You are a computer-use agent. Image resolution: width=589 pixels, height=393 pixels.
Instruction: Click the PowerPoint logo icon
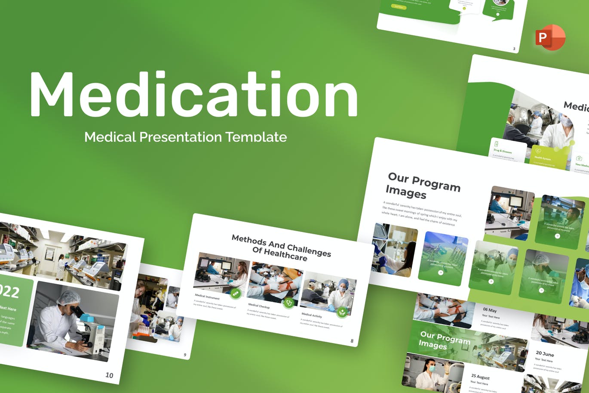coord(550,37)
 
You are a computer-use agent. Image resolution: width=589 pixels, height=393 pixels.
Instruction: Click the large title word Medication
coord(193,95)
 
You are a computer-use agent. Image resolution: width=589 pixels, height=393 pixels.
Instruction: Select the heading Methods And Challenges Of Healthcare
coord(281,248)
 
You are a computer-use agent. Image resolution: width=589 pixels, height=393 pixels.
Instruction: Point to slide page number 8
coord(352,341)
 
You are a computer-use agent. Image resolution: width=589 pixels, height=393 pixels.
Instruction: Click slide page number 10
coord(109,375)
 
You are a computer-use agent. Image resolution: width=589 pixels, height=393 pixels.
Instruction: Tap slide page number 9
coord(185,355)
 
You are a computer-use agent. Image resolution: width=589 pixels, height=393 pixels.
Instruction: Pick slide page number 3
coord(514,49)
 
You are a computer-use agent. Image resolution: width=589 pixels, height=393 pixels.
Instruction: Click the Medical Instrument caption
coord(207,297)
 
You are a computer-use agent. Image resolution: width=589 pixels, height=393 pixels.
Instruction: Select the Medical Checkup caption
coord(259,306)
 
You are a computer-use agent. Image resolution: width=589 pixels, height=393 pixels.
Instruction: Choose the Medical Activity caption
coord(312,316)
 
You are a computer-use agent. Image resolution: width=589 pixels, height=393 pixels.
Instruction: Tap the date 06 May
coord(489,310)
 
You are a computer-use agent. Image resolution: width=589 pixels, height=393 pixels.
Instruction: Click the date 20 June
coord(545,353)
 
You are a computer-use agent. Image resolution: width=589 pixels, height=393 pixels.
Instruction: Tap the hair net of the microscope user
coord(68,297)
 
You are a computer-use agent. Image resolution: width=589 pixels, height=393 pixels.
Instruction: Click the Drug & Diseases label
coord(503,151)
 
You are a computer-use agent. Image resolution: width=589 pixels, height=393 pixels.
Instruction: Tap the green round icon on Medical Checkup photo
coord(289,303)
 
